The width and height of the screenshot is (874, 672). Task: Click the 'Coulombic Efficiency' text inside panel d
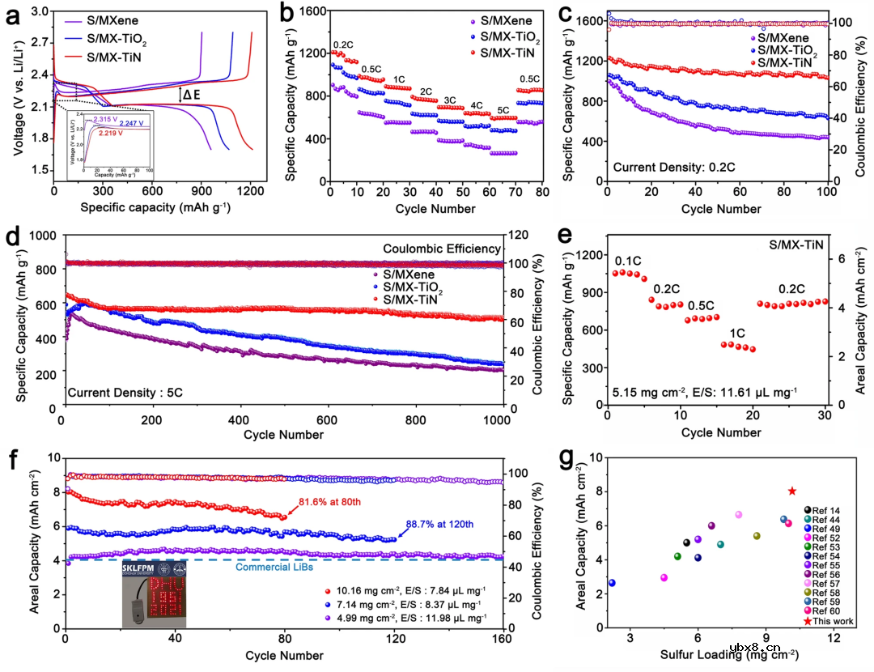(x=442, y=248)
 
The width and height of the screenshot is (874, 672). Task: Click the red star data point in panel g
(x=791, y=491)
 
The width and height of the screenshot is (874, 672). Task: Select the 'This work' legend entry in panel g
(x=827, y=621)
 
